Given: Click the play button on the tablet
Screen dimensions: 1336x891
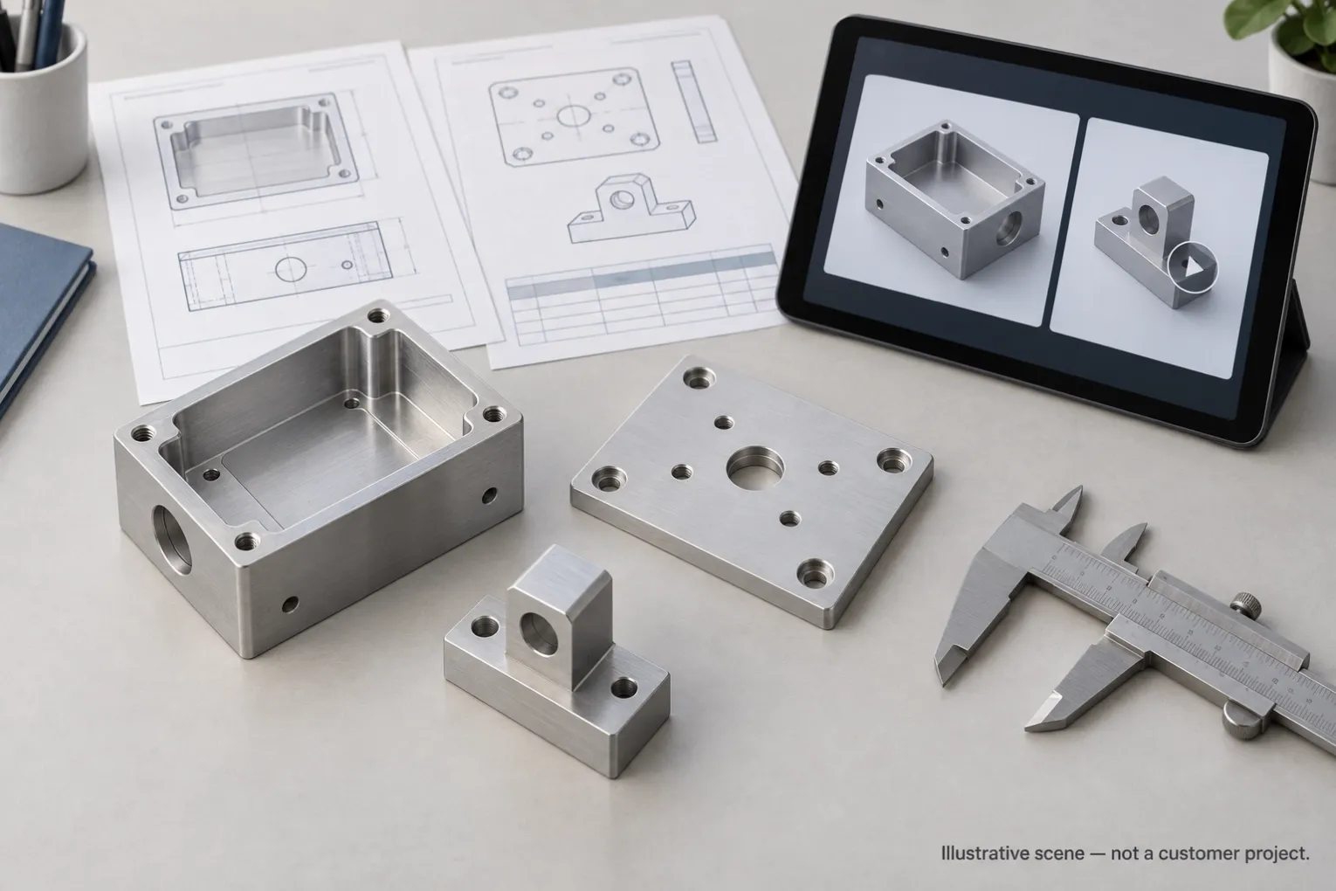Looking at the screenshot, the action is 1192,268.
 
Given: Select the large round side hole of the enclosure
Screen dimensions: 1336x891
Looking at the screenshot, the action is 172,538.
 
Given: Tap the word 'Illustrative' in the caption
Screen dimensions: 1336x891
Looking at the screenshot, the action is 980,853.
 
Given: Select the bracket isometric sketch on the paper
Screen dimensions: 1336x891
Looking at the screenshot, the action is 631,210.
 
